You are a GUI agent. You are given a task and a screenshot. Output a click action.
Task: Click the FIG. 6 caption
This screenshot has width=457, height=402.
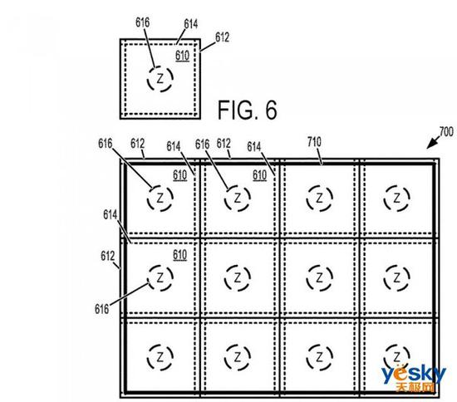247,110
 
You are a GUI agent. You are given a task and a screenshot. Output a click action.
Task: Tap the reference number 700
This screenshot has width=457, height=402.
446,132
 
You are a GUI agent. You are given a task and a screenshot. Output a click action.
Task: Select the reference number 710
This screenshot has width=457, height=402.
314,142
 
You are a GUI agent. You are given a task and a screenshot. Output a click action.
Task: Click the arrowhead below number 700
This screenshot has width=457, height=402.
430,145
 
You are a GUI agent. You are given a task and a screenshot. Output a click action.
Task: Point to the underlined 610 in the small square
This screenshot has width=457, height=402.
183,56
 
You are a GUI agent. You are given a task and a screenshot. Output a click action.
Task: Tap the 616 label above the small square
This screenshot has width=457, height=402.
143,22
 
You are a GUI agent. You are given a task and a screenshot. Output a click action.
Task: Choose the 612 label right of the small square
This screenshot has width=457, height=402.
222,37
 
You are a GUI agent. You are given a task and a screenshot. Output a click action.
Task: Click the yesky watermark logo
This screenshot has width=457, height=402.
413,378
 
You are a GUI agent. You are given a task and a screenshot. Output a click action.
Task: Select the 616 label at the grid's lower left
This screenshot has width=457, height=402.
101,309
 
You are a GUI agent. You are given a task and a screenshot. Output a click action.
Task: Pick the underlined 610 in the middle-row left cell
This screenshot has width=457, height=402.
179,255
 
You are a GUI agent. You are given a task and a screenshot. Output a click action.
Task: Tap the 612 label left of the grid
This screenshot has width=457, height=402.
107,256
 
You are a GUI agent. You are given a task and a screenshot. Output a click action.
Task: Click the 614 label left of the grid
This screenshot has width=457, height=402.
111,214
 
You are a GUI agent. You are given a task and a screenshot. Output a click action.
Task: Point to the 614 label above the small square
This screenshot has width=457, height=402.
191,24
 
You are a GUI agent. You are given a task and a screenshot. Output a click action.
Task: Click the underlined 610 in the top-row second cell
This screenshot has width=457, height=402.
259,175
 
